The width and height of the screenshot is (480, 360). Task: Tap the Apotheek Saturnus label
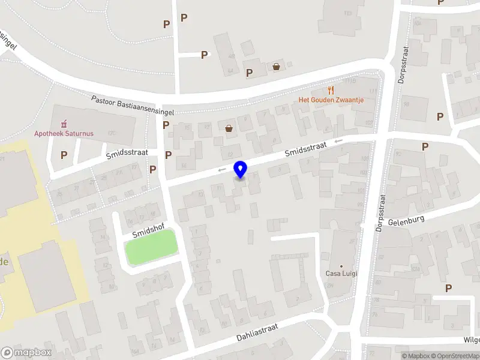(64, 133)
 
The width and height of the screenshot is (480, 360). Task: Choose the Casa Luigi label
(341, 274)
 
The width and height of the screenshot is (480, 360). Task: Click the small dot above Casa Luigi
(341, 266)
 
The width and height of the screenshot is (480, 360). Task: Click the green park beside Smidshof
(151, 246)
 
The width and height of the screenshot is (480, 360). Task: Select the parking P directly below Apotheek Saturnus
(64, 155)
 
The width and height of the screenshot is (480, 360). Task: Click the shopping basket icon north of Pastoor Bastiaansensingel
(276, 67)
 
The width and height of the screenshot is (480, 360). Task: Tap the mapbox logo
(26, 353)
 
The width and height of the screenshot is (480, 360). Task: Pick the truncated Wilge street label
(471, 340)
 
